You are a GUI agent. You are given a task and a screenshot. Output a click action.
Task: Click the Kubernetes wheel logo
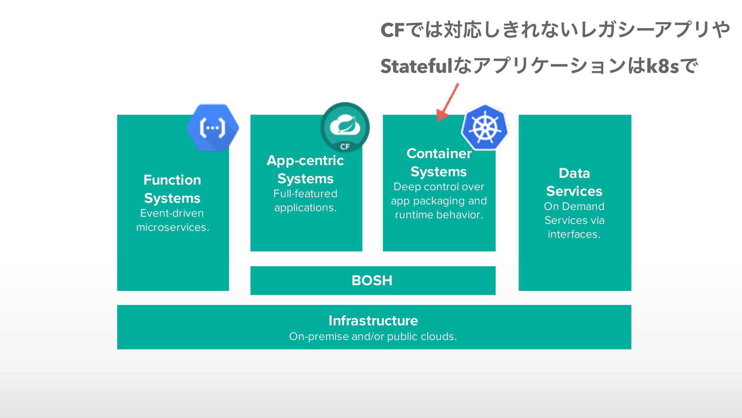[x=485, y=127]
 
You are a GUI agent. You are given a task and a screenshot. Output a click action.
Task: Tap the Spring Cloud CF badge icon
[x=345, y=127]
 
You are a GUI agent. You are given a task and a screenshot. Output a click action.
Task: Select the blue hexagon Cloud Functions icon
[x=212, y=127]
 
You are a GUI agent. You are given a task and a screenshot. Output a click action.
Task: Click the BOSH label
[x=372, y=281]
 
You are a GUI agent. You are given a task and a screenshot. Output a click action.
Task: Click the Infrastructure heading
[x=373, y=320]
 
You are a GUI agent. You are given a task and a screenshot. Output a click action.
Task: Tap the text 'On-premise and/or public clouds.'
[x=373, y=336]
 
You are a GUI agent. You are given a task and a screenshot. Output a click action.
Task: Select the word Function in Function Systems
[x=172, y=180]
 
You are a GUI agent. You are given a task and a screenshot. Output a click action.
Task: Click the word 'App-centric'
[x=305, y=160]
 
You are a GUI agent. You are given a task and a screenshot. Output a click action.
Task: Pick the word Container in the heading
[x=439, y=153]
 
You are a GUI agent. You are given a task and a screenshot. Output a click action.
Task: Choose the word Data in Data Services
[x=574, y=173]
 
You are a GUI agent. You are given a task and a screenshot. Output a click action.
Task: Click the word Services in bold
[x=574, y=191]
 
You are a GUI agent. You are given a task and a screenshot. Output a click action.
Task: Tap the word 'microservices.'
[x=172, y=227]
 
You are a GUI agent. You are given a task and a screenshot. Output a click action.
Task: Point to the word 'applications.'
[x=305, y=207]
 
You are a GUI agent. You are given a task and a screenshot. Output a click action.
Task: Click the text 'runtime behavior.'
[x=439, y=215]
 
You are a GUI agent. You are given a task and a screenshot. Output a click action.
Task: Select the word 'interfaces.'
[x=574, y=234]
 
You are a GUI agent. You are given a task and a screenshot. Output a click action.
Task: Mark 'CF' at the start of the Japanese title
[x=392, y=30]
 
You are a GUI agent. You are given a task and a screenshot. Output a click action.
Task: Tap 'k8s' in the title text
[x=662, y=66]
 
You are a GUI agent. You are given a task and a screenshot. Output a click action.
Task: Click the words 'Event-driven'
[x=172, y=213]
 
